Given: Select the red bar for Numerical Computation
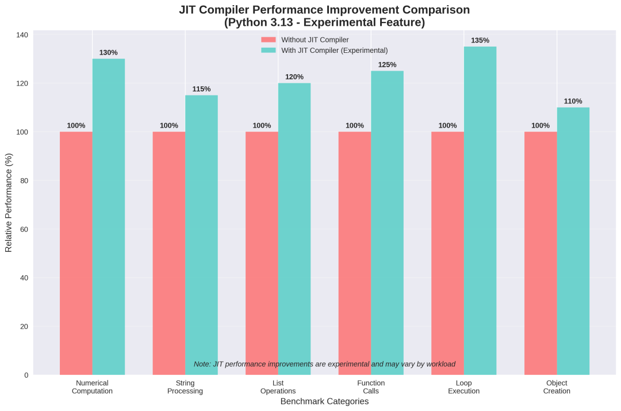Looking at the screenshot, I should [x=76, y=253].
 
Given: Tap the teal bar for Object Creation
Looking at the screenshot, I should [x=573, y=241].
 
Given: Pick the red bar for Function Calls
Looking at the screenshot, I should [x=355, y=253].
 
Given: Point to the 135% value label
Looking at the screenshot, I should [x=480, y=41].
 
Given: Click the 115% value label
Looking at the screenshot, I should [x=201, y=89].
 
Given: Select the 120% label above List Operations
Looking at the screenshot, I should [x=294, y=77].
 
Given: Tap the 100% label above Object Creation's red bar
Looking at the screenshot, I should [x=540, y=126].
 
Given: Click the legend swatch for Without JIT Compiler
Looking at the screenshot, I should [x=269, y=40].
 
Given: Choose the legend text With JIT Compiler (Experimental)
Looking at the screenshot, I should [x=334, y=51].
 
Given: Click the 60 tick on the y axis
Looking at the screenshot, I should [x=24, y=229].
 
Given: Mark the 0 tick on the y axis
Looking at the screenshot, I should [x=26, y=375].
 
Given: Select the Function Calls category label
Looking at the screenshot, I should [x=371, y=387].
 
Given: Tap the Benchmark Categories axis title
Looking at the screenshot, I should [x=324, y=402].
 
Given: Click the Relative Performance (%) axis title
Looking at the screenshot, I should [x=9, y=202].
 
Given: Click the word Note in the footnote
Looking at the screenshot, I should [x=202, y=364].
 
